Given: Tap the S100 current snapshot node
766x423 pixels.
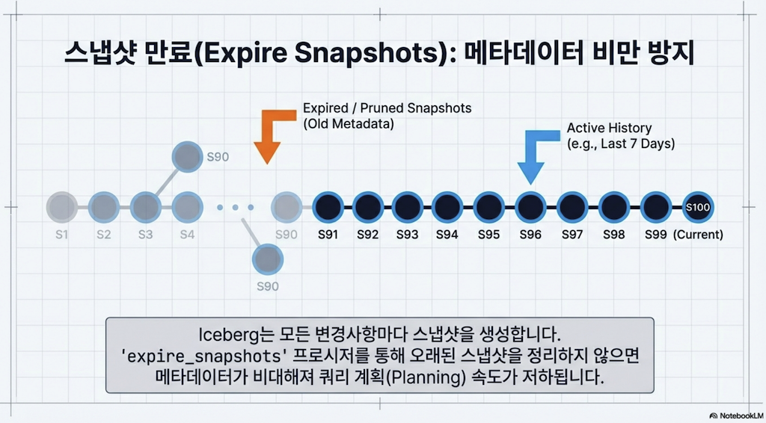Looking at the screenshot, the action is [x=698, y=207].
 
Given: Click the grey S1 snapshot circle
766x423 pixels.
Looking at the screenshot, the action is [x=62, y=207].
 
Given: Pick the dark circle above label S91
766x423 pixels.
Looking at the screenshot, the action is [x=328, y=207].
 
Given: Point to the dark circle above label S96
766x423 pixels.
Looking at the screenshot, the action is [x=530, y=207].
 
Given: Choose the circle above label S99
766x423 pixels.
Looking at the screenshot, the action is [x=655, y=207].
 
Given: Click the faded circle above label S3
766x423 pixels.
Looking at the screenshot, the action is [x=146, y=207].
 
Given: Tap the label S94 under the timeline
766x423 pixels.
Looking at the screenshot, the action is [x=447, y=235].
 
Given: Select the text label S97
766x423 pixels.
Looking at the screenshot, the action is [x=572, y=235].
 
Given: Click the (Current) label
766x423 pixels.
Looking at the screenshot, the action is [x=698, y=235].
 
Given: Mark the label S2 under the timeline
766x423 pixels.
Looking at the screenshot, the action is [x=103, y=235].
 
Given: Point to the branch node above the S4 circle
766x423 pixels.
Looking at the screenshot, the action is [x=187, y=157].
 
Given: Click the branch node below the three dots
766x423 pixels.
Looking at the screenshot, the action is [x=268, y=259].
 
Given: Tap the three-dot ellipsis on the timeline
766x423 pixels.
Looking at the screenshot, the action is [x=236, y=208].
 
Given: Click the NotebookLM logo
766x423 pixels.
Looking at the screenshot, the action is [x=737, y=416].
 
